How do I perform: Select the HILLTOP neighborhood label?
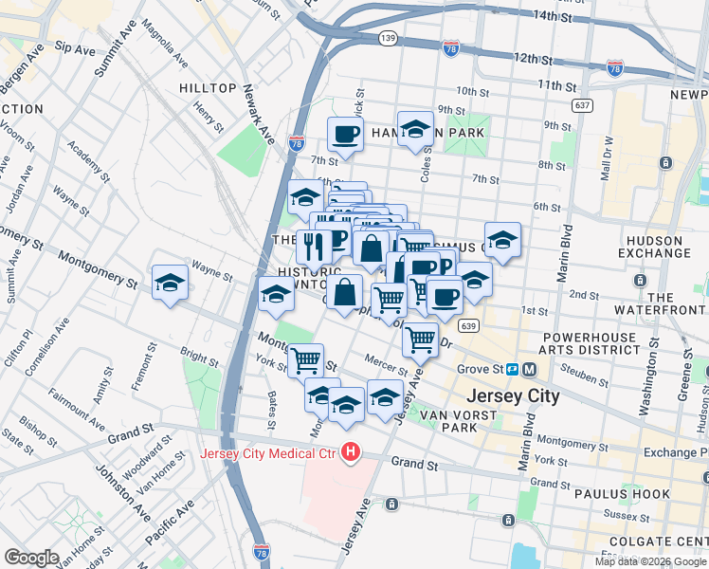(208, 88)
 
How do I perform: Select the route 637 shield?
(583, 104)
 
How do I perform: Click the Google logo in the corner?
(31, 557)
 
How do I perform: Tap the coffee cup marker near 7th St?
(345, 134)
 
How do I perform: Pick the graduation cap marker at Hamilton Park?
(415, 128)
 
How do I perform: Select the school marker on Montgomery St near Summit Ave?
(171, 282)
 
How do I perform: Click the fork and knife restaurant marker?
(315, 247)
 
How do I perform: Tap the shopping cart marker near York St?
(305, 359)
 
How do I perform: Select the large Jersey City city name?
(513, 395)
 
